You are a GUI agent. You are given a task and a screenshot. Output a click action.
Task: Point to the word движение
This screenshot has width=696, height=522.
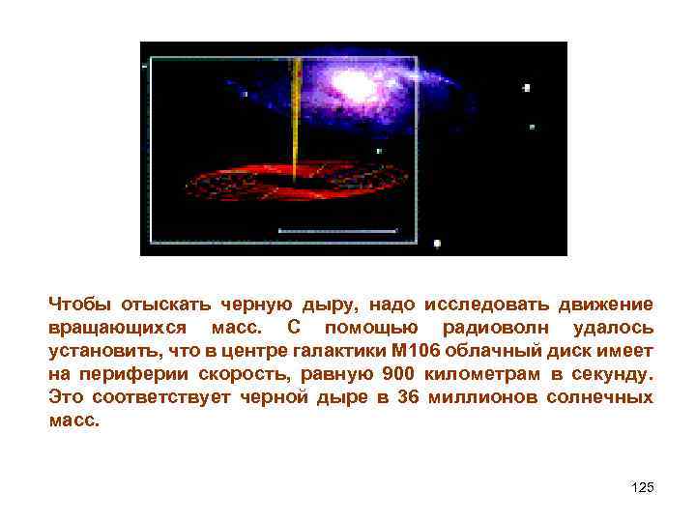point(605,304)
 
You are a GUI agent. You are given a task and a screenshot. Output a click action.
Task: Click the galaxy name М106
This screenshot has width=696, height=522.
point(391,351)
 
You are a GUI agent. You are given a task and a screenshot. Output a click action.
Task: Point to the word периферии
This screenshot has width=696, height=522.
point(135,375)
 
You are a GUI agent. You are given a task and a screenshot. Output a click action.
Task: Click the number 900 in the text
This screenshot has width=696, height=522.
point(401,375)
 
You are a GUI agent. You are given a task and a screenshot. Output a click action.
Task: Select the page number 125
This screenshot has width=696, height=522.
point(642,487)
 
